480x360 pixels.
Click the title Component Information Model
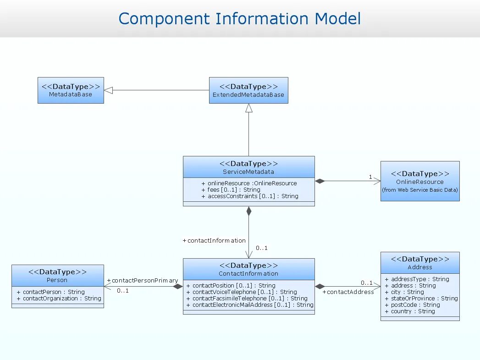click(x=239, y=19)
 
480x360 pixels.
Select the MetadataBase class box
click(x=71, y=90)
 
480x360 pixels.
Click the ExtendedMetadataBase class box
click(x=248, y=90)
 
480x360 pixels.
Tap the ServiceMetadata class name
click(x=248, y=172)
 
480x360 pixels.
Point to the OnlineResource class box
click(x=420, y=181)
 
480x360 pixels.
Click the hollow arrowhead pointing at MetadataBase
click(x=109, y=90)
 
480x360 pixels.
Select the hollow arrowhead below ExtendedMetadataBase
click(x=249, y=108)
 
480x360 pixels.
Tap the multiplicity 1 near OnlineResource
click(x=370, y=177)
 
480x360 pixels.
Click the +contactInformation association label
click(x=214, y=240)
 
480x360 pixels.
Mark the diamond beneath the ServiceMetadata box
click(x=249, y=211)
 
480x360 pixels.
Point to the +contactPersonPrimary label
click(x=142, y=280)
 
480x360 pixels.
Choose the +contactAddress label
click(x=348, y=292)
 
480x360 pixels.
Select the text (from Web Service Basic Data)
click(x=420, y=190)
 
